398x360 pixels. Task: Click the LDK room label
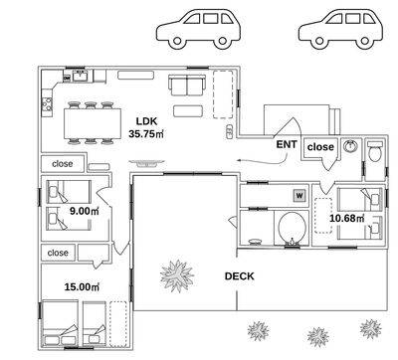pos(146,121)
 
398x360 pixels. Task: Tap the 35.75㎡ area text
pos(146,134)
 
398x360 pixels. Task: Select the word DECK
pos(239,276)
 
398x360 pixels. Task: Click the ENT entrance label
pos(287,144)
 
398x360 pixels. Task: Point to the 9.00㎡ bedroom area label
pos(85,211)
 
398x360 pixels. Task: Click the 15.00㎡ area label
pos(82,286)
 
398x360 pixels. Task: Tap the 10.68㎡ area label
pos(347,218)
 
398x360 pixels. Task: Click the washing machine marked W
pos(299,196)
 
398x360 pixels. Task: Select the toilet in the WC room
pos(375,151)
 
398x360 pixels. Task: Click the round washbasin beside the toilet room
pos(350,146)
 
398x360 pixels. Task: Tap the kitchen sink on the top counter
pos(80,77)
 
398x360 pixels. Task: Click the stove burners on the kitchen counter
pos(47,104)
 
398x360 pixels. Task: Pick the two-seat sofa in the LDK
pos(187,85)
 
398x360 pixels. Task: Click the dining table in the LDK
pos(93,123)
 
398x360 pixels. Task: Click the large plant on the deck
pos(177,275)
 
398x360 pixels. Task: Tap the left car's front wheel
pos(177,42)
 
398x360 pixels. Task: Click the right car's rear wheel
pos(364,42)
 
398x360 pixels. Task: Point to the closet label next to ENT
pos(320,147)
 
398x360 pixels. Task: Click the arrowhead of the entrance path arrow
pos(239,161)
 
